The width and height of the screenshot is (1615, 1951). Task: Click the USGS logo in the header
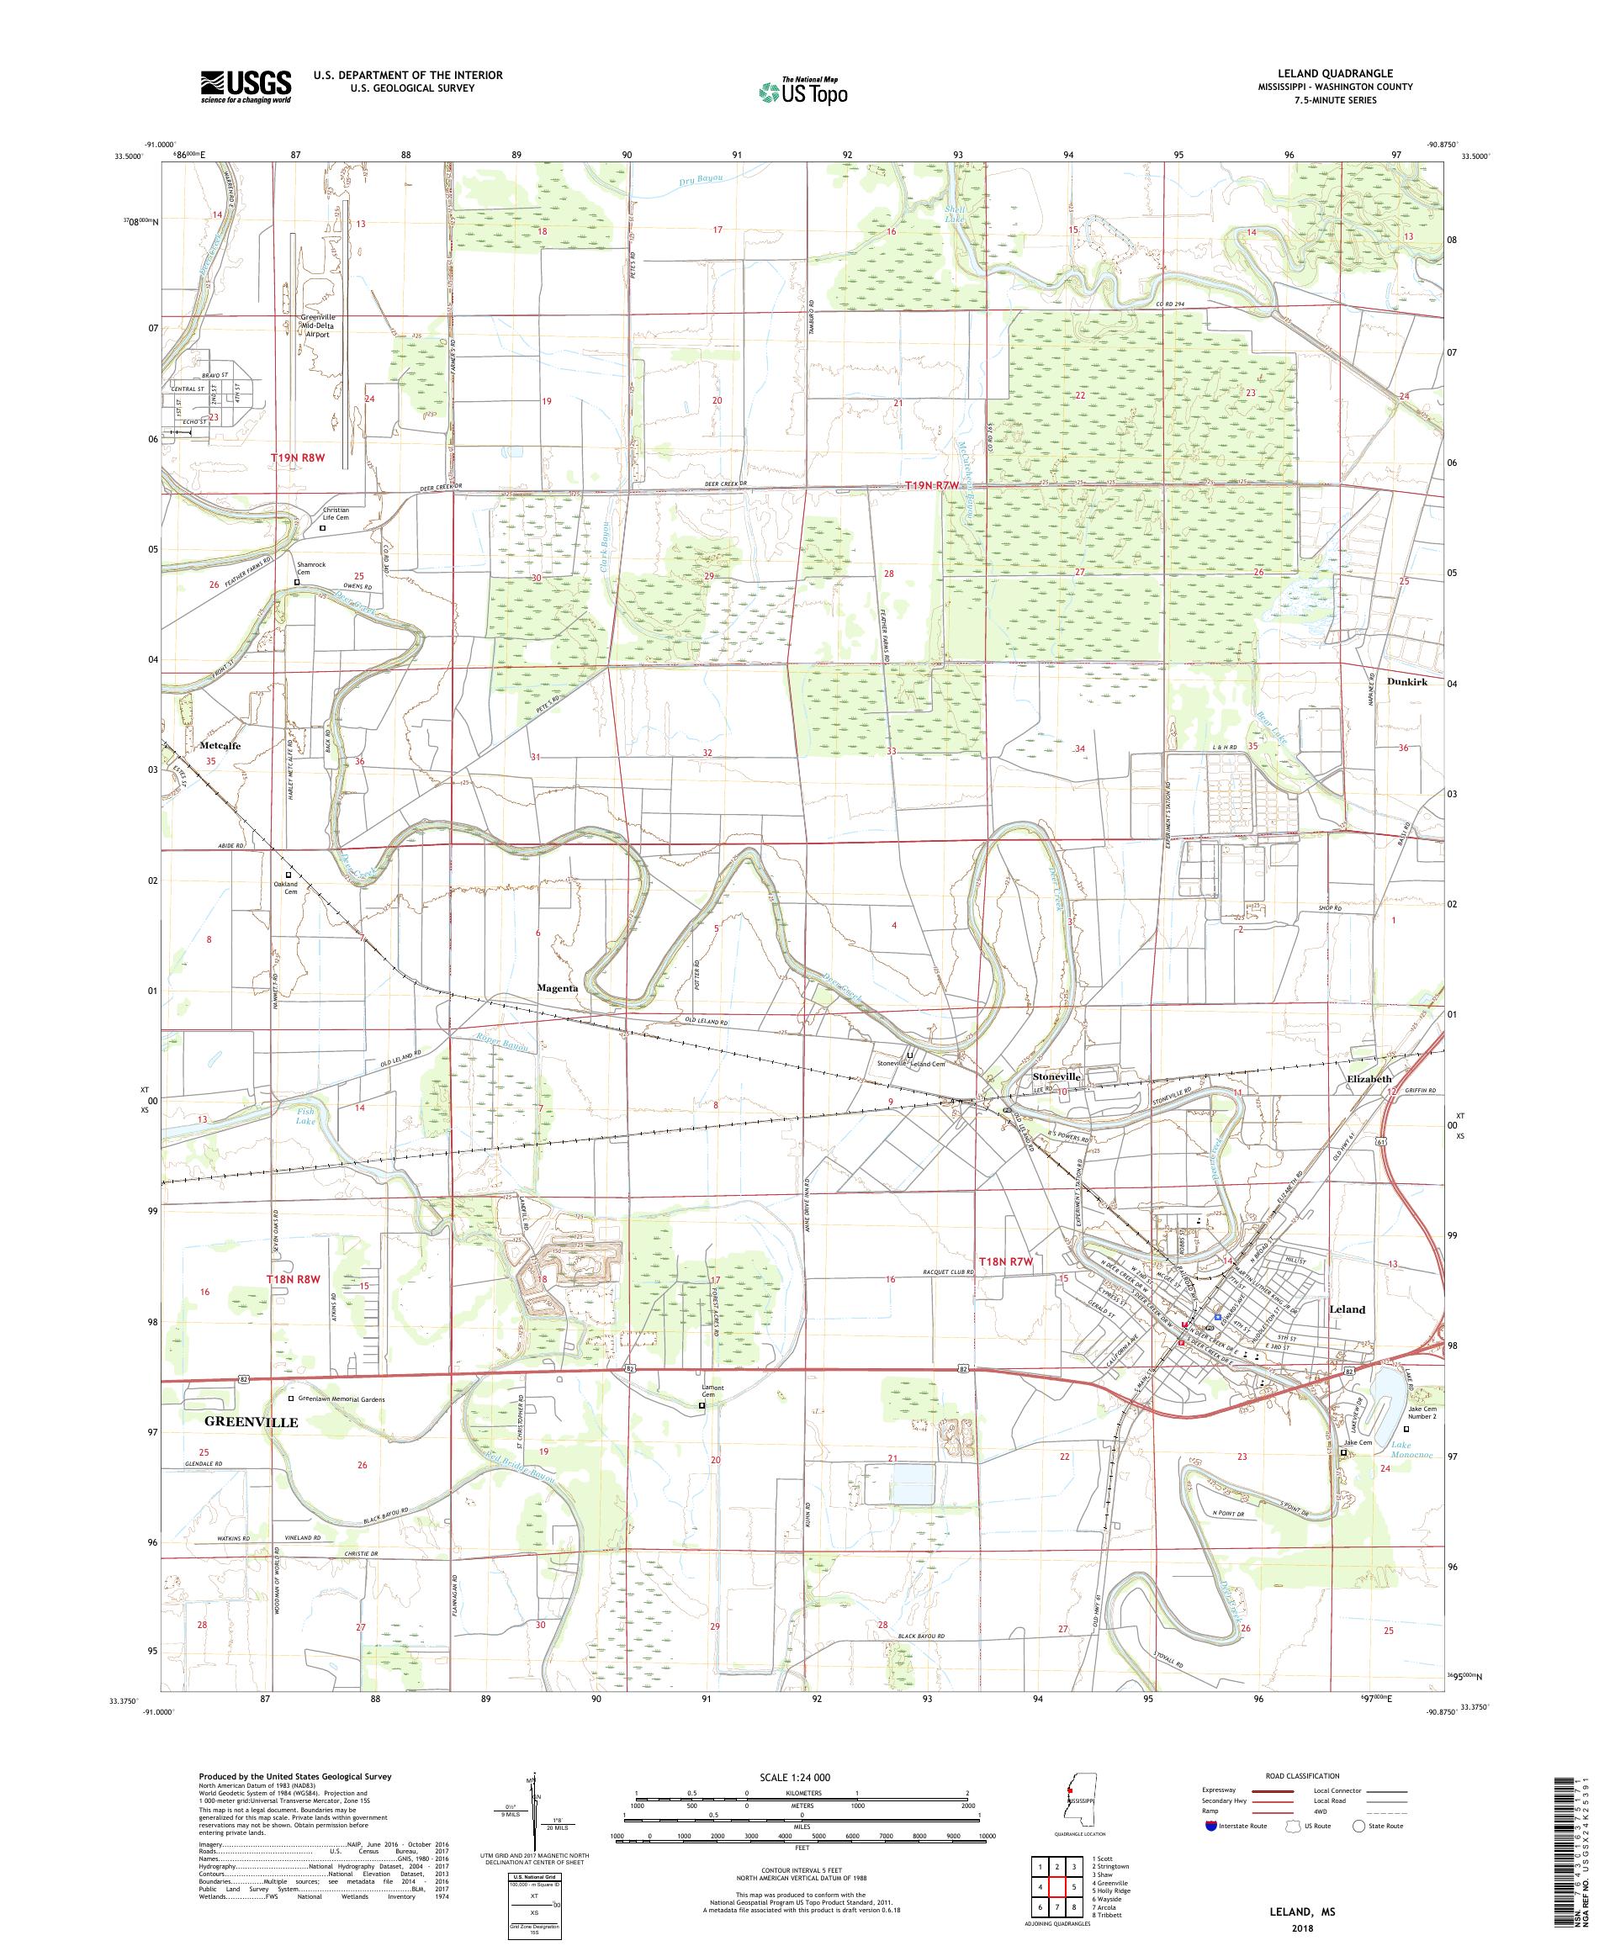coord(246,87)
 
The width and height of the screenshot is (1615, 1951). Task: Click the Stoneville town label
coord(1057,1075)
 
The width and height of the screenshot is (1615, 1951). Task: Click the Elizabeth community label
coord(1369,1079)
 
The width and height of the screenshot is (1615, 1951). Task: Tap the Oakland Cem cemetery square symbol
coord(288,875)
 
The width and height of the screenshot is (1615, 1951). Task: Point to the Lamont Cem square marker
coord(702,1431)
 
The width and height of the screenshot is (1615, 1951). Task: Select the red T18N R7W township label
coord(1005,1261)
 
